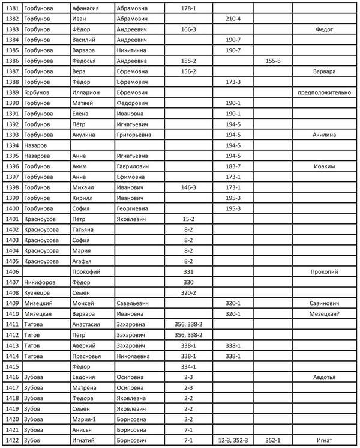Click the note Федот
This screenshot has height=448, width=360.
(x=324, y=29)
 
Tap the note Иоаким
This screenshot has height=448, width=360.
(x=324, y=165)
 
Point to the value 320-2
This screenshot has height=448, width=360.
(x=188, y=292)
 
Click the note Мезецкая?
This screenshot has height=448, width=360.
(x=324, y=313)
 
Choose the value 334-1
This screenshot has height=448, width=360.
(x=188, y=366)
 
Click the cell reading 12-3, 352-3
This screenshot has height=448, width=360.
(x=233, y=440)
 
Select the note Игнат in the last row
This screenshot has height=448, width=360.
(x=324, y=440)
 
